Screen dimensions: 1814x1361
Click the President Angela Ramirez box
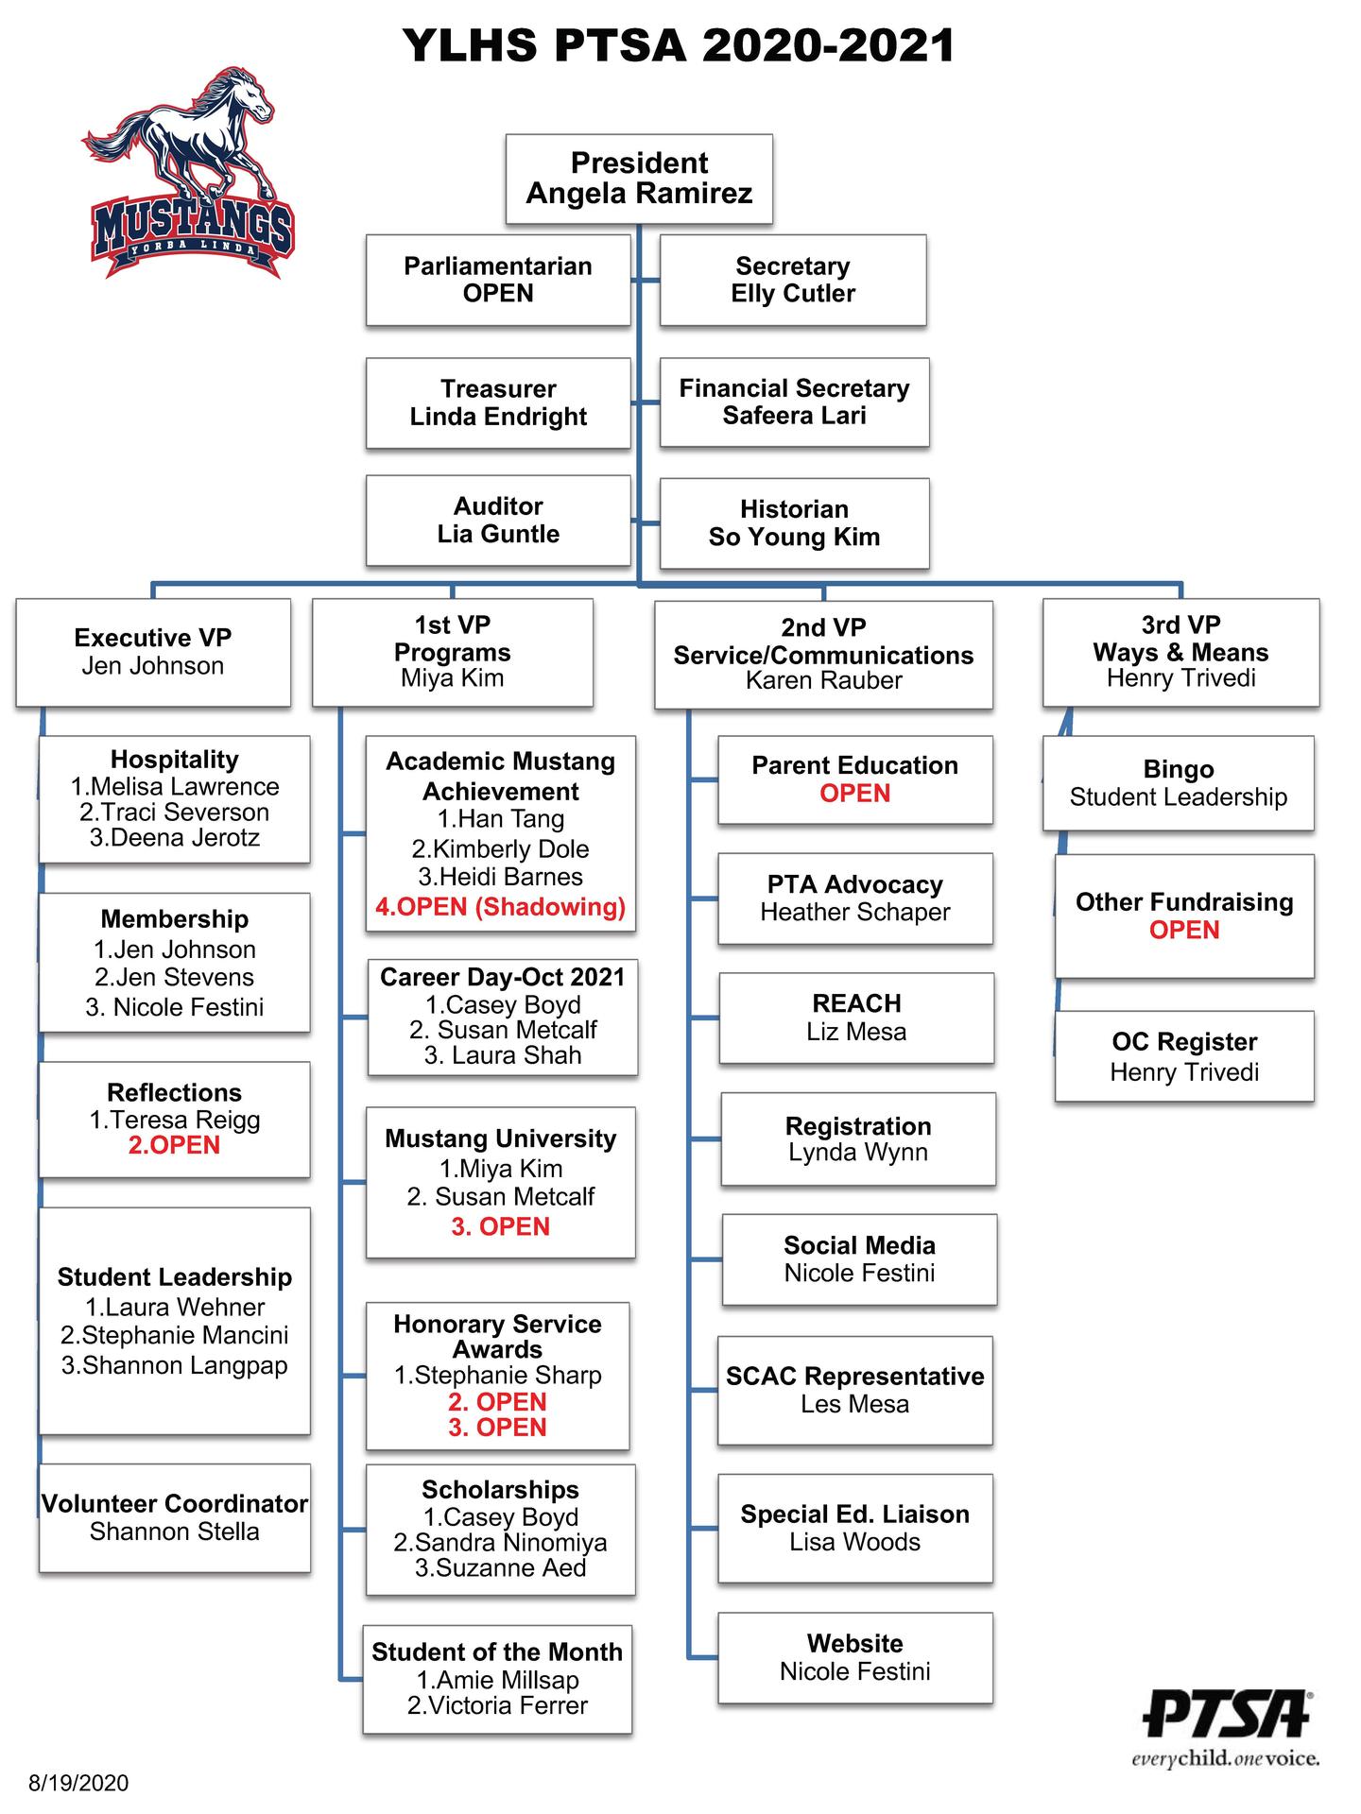click(639, 179)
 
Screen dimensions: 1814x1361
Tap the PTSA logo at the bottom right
click(1227, 1725)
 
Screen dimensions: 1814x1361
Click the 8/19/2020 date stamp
click(78, 1783)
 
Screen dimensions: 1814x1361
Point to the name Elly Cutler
click(792, 294)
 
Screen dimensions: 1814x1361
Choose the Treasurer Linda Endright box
click(498, 402)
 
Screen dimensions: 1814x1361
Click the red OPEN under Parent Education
click(854, 794)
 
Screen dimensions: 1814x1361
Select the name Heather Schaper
click(854, 913)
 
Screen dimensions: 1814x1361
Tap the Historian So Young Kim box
click(794, 523)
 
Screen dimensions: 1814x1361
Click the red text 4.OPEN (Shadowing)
click(500, 907)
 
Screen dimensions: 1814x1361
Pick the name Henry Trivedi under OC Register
click(1184, 1072)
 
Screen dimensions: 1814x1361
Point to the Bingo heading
click(1178, 769)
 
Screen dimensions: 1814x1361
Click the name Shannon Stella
click(174, 1532)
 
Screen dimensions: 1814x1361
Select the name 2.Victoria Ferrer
click(497, 1705)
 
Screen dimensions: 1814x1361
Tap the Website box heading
click(854, 1643)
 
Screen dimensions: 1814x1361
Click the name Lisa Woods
click(854, 1542)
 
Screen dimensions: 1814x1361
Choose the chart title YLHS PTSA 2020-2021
click(679, 45)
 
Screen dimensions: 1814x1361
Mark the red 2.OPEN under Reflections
click(174, 1145)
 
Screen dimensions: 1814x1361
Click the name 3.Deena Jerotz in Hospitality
click(174, 838)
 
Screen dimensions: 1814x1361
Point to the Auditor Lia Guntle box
click(498, 521)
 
